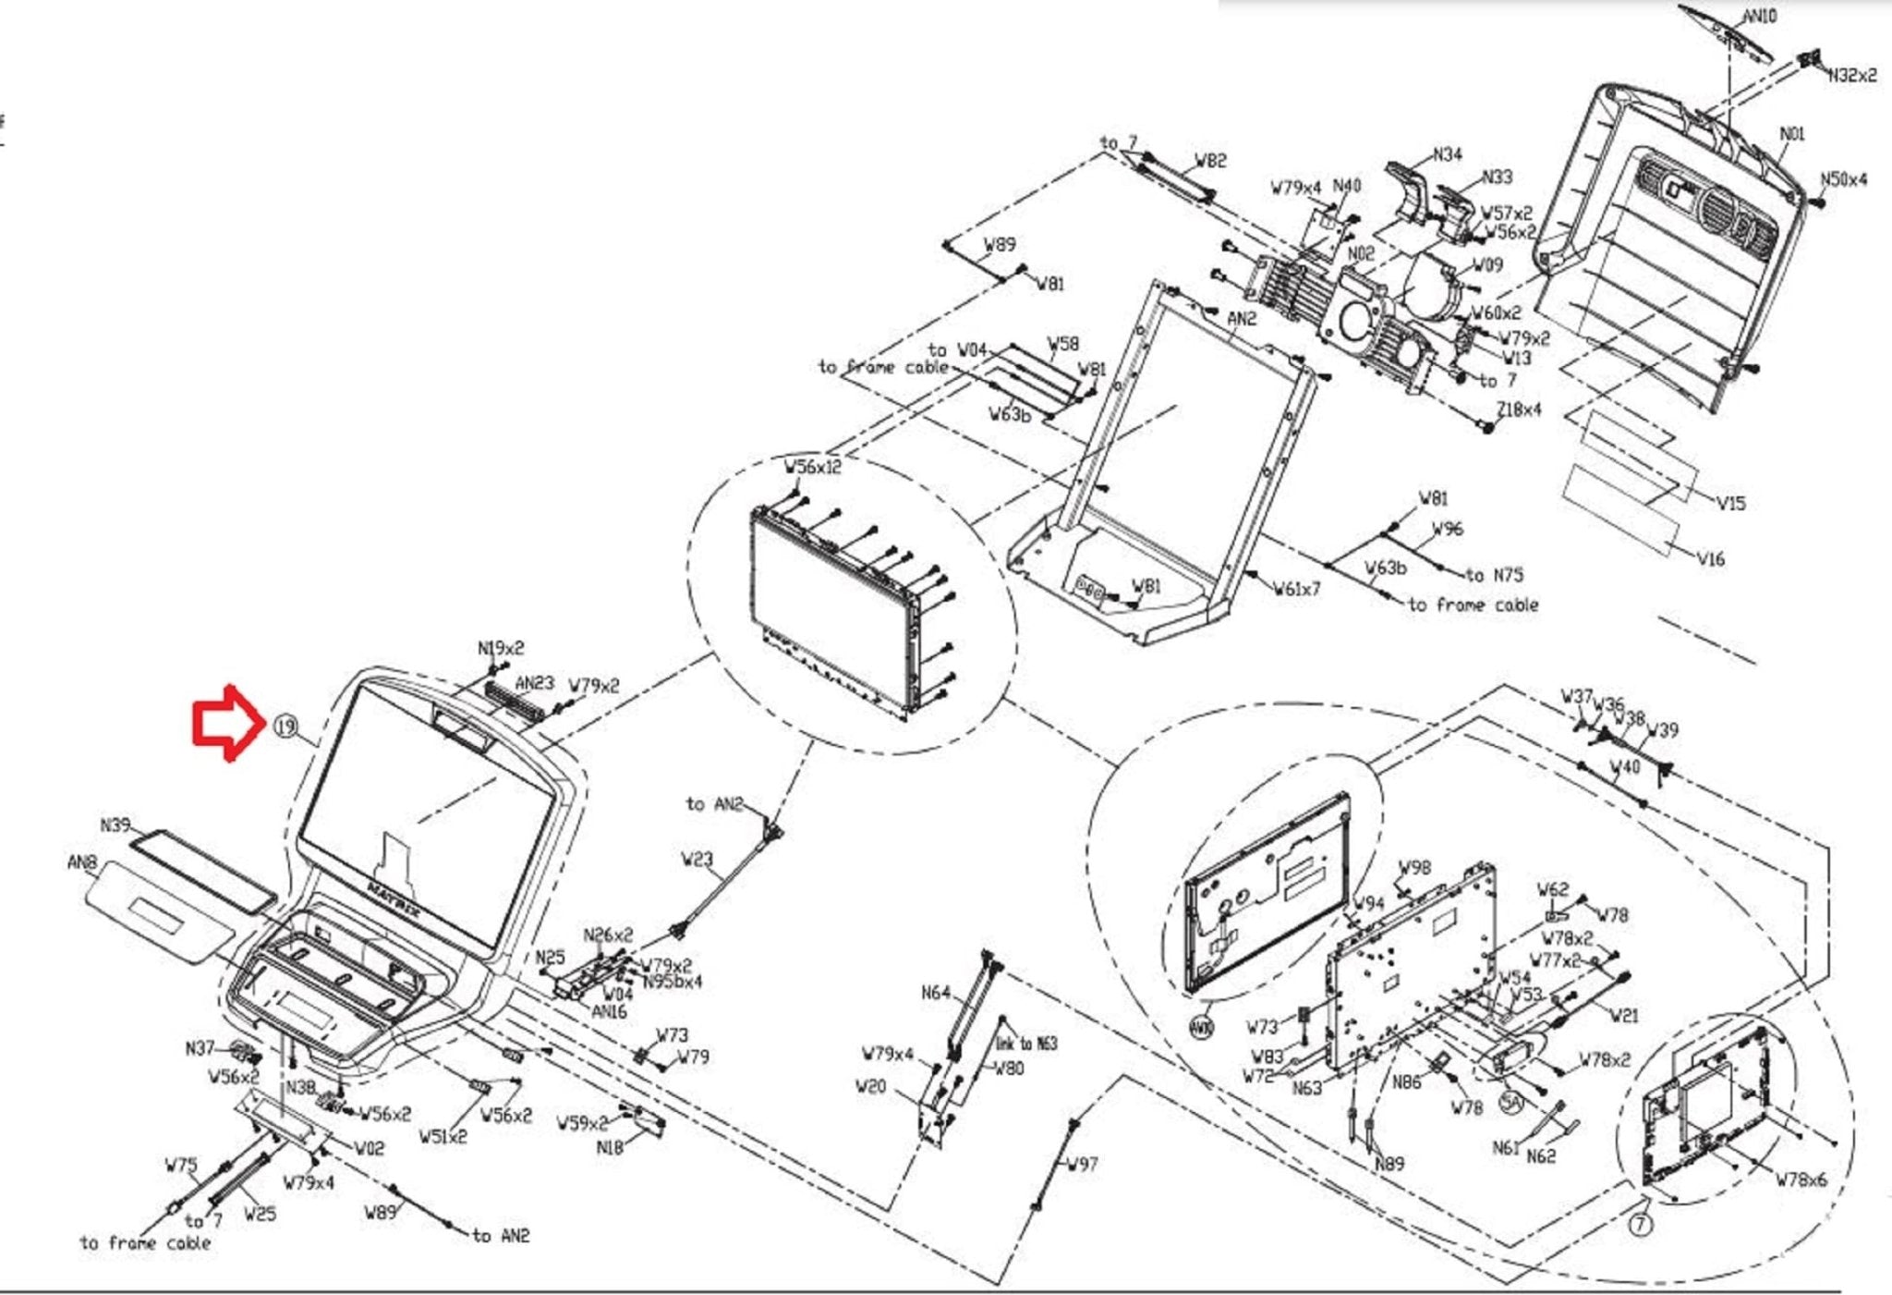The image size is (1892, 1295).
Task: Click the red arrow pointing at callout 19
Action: pyautogui.click(x=224, y=724)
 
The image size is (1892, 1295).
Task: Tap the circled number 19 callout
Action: pyautogui.click(x=285, y=727)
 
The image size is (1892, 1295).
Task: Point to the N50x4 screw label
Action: pyautogui.click(x=1843, y=179)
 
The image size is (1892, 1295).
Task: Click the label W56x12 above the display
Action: pyautogui.click(x=813, y=467)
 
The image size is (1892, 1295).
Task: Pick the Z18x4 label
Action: pyautogui.click(x=1519, y=409)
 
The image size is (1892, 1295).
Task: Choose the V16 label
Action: pyautogui.click(x=1711, y=558)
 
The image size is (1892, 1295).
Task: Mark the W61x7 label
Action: pyautogui.click(x=1296, y=588)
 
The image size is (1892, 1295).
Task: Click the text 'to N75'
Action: pyautogui.click(x=1494, y=574)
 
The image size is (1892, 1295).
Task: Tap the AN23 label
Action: pyautogui.click(x=534, y=683)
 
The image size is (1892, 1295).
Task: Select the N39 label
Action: pyautogui.click(x=115, y=825)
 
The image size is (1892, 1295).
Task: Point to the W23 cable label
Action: pyautogui.click(x=697, y=860)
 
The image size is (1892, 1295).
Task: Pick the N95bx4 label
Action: pyautogui.click(x=673, y=981)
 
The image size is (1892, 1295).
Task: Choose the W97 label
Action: pyautogui.click(x=1082, y=1164)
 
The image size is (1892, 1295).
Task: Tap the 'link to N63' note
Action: pyautogui.click(x=1025, y=1044)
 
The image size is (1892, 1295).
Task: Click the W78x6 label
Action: pyautogui.click(x=1801, y=1179)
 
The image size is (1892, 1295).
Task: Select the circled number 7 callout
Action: pyautogui.click(x=1640, y=1225)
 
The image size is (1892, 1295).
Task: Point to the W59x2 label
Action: pyautogui.click(x=582, y=1123)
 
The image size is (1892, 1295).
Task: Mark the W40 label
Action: pyautogui.click(x=1624, y=766)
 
